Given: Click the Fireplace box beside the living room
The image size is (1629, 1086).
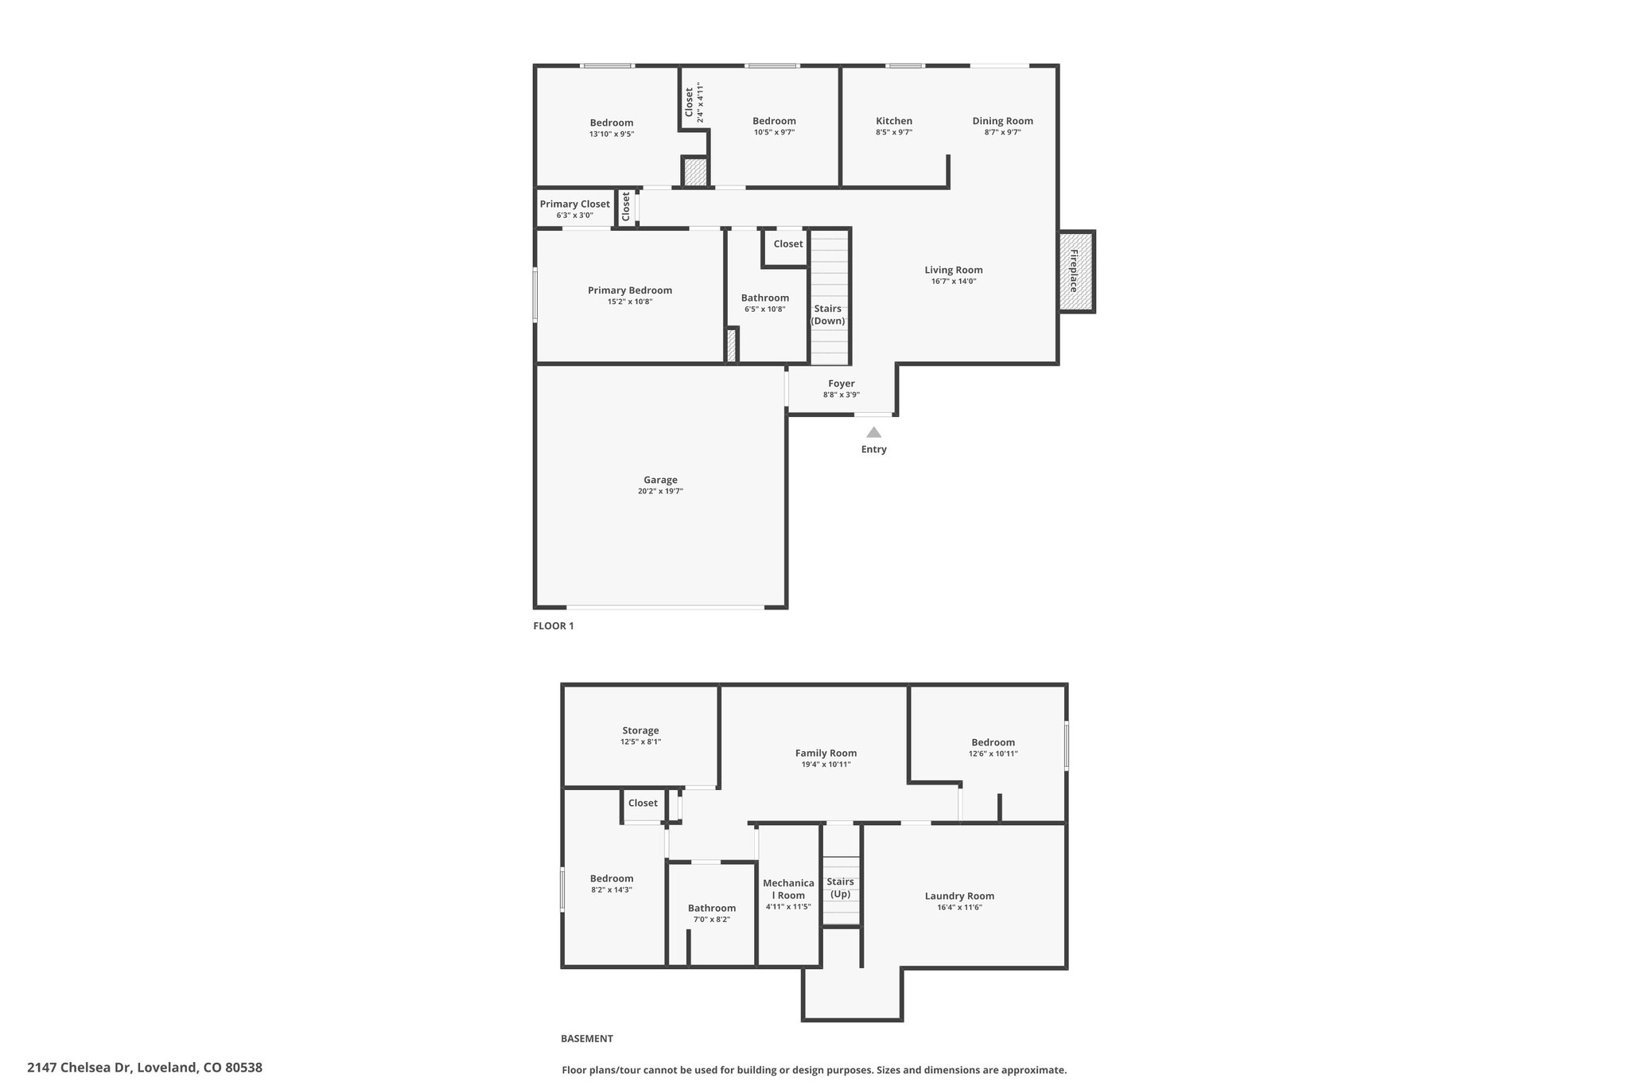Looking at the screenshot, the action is tap(1076, 271).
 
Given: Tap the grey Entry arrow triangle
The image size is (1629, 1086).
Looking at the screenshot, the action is tap(873, 432).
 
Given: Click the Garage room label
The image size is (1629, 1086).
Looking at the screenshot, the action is tap(660, 480).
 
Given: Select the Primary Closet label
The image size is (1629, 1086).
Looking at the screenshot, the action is tap(575, 204).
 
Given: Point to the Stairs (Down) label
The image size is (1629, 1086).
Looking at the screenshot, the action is tap(827, 314).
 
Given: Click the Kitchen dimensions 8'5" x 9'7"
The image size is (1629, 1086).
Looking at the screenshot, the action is tap(894, 133).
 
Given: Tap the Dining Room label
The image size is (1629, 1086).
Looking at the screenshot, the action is tap(1003, 121).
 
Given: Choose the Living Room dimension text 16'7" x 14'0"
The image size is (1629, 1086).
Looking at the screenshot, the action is tap(954, 281).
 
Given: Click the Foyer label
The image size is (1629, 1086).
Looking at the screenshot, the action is tap(842, 383).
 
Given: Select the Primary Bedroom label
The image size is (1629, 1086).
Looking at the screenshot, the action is tap(630, 290).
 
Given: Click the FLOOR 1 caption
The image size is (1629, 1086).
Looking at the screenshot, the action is tap(554, 625).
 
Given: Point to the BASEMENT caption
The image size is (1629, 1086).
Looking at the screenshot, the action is tap(587, 1038).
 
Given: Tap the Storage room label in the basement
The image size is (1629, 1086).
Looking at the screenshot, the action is tap(640, 730).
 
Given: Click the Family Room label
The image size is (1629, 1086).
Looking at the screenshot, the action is tap(826, 753).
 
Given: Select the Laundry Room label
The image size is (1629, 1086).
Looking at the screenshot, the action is tap(959, 896).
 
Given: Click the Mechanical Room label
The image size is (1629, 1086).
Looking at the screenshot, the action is tap(788, 889).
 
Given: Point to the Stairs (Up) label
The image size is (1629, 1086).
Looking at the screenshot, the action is tap(840, 887).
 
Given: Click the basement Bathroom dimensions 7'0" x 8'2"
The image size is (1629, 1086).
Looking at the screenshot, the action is tap(712, 919).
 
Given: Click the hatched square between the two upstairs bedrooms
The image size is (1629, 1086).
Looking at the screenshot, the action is tap(695, 173).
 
